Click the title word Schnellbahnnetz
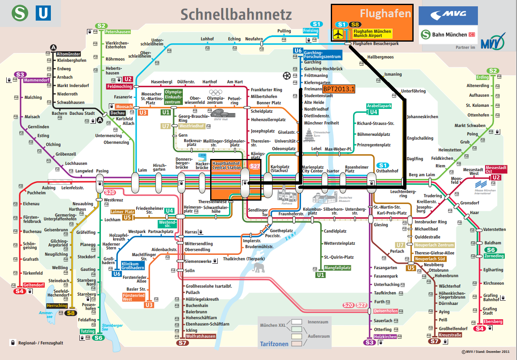click(x=236, y=14)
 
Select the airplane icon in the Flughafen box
click(x=338, y=34)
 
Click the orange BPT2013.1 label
click(x=339, y=89)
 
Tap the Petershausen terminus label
click(x=117, y=32)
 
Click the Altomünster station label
click(x=69, y=54)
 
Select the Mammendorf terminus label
click(x=37, y=80)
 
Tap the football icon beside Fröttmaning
click(x=287, y=76)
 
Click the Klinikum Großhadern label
click(x=133, y=266)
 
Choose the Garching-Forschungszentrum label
click(x=322, y=54)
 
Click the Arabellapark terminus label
click(x=379, y=106)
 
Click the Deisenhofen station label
click(x=385, y=311)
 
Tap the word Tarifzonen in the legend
click(x=274, y=344)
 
